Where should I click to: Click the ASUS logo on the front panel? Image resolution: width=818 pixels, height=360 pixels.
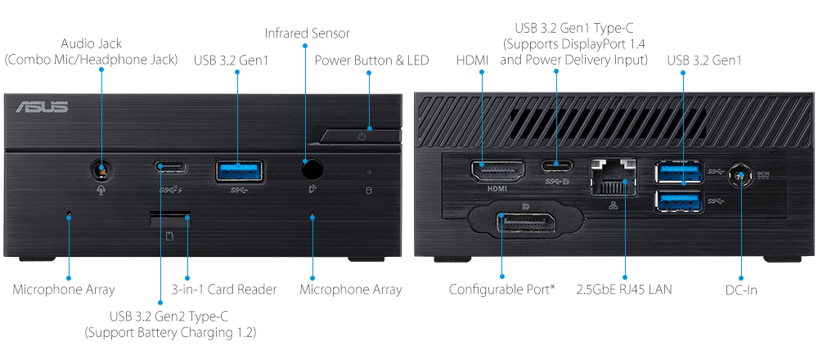[x=42, y=107]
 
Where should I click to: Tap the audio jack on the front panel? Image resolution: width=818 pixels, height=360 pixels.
[x=101, y=169]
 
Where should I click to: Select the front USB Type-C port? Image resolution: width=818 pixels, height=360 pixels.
[x=171, y=167]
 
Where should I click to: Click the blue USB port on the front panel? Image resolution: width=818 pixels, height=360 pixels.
[x=239, y=171]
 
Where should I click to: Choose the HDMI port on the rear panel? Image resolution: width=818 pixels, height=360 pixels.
[x=498, y=171]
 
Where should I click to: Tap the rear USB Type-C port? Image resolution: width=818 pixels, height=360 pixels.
[x=556, y=166]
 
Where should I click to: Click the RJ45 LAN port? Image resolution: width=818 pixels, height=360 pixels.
[x=613, y=178]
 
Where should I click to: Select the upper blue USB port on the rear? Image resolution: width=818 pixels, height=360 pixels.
[x=679, y=173]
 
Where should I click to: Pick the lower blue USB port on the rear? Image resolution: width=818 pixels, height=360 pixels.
[x=679, y=202]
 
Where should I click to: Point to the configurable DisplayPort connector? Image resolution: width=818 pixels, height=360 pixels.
[x=524, y=223]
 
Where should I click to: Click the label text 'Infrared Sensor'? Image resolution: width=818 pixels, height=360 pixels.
[x=308, y=34]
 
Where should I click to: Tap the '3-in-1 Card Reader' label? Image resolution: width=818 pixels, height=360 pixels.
[x=224, y=289]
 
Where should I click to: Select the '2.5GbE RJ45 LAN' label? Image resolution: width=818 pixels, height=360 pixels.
[x=624, y=289]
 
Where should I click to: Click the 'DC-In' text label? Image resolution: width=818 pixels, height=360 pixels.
[x=741, y=290]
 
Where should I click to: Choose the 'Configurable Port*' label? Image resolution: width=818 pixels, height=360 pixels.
[x=502, y=289]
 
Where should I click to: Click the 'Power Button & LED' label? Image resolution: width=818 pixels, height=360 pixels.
[x=371, y=61]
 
